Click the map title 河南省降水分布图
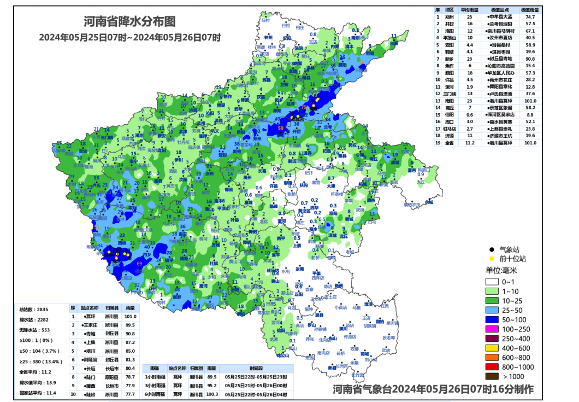coord(129,22)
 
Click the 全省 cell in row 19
coord(450,143)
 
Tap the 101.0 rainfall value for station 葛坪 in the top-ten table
coord(130,316)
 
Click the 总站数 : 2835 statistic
coord(34,309)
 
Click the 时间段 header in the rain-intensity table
coord(255,369)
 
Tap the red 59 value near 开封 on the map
coord(281,129)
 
